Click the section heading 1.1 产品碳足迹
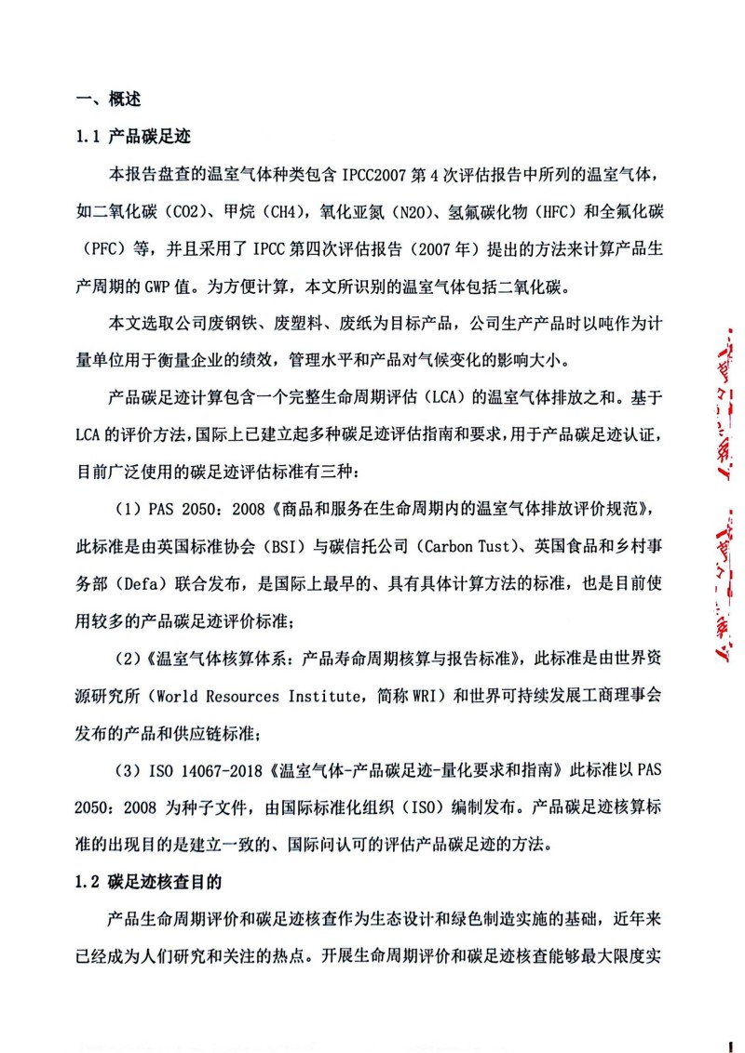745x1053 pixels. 133,137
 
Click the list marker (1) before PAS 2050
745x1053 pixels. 127,509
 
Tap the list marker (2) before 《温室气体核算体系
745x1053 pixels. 127,659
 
